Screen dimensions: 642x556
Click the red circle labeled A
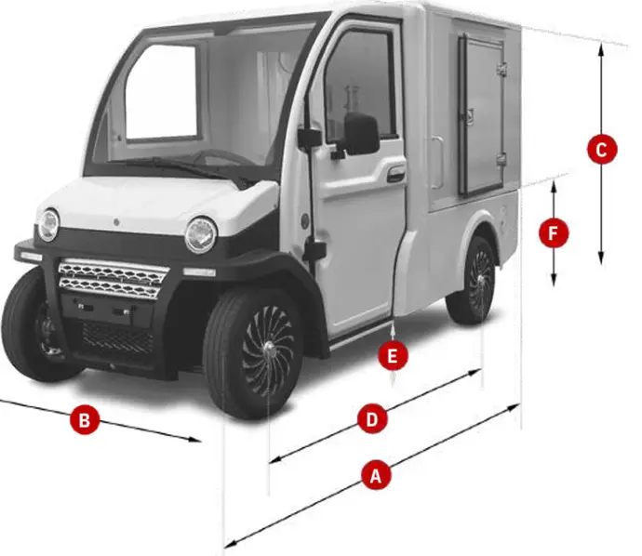point(376,475)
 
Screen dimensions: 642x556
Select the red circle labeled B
point(85,419)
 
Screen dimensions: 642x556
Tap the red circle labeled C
point(601,150)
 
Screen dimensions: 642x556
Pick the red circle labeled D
point(372,419)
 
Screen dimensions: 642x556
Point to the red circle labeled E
point(393,355)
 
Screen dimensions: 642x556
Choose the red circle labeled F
point(554,233)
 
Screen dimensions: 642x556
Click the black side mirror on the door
point(361,134)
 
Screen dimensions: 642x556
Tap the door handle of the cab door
point(396,174)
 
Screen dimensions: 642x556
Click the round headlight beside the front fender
point(201,235)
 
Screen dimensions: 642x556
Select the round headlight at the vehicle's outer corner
point(48,225)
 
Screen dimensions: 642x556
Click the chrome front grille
point(112,279)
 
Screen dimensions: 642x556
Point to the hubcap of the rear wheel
point(480,281)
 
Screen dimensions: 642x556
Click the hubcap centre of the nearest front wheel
point(270,348)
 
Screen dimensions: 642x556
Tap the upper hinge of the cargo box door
point(502,69)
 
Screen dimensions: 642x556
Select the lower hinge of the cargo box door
point(502,159)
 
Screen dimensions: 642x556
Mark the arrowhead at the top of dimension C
point(601,47)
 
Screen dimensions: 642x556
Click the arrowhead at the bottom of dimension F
point(554,280)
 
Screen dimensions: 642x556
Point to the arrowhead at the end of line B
point(195,440)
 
